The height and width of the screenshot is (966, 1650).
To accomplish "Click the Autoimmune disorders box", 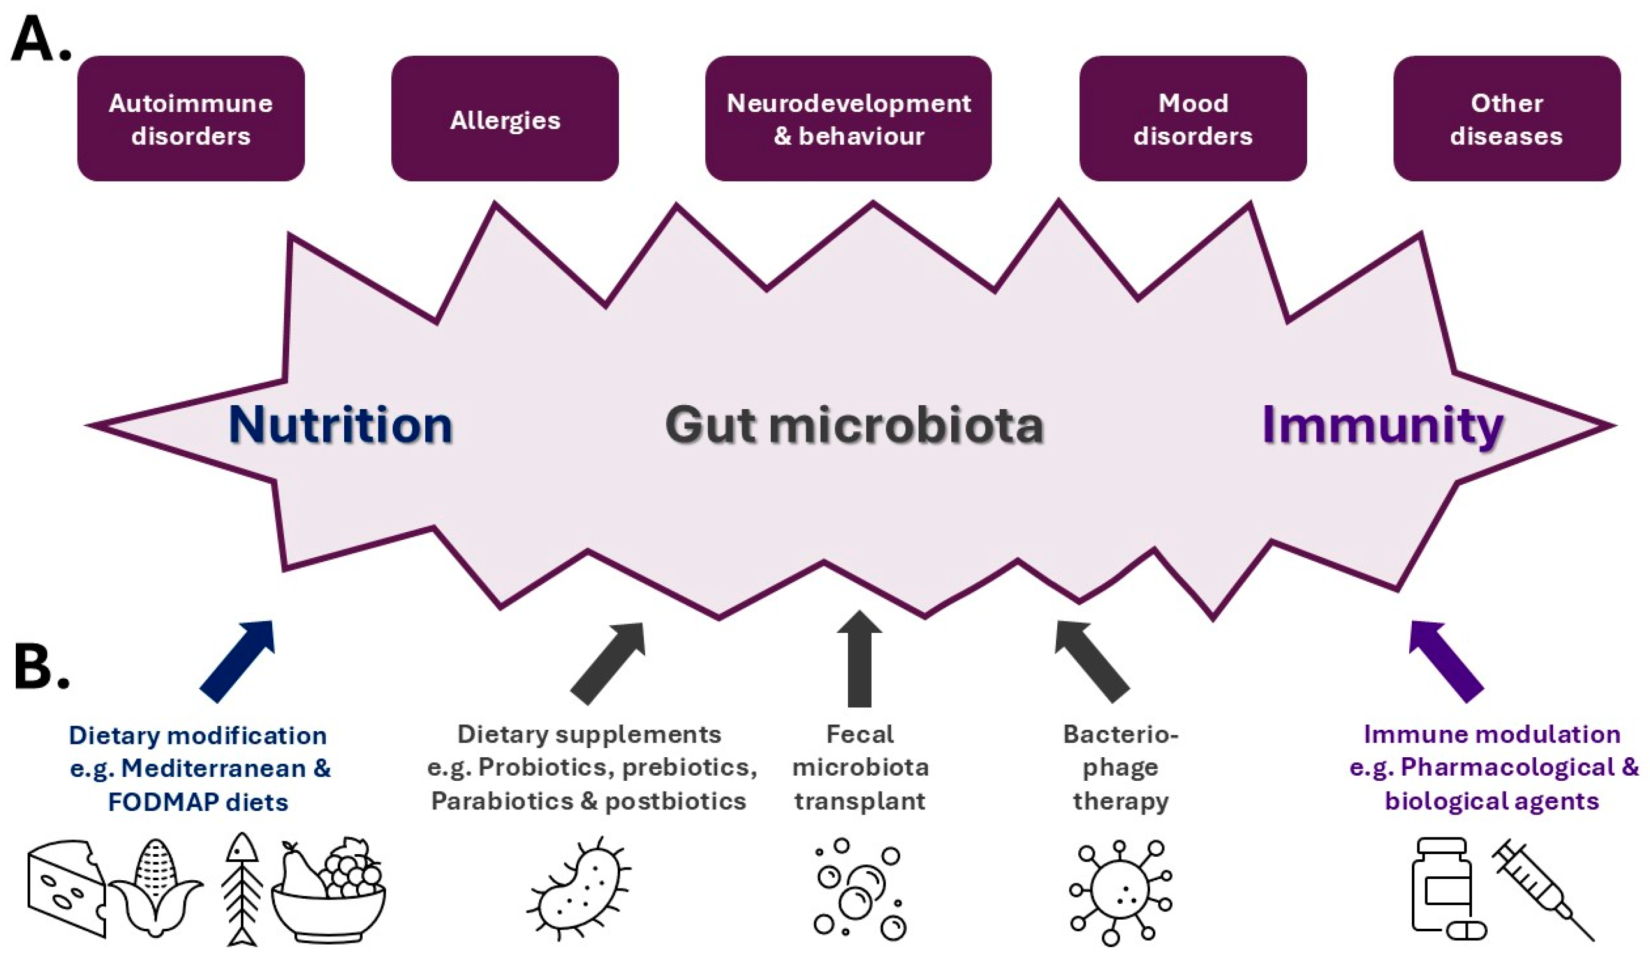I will pos(191,118).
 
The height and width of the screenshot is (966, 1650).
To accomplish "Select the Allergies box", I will pos(505,118).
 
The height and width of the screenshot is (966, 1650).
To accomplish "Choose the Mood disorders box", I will pos(1192,118).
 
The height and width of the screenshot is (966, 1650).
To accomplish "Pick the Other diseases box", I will pos(1507,118).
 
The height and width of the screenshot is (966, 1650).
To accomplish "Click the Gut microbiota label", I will pos(854,426).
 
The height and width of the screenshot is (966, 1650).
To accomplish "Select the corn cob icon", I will pos(156,889).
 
